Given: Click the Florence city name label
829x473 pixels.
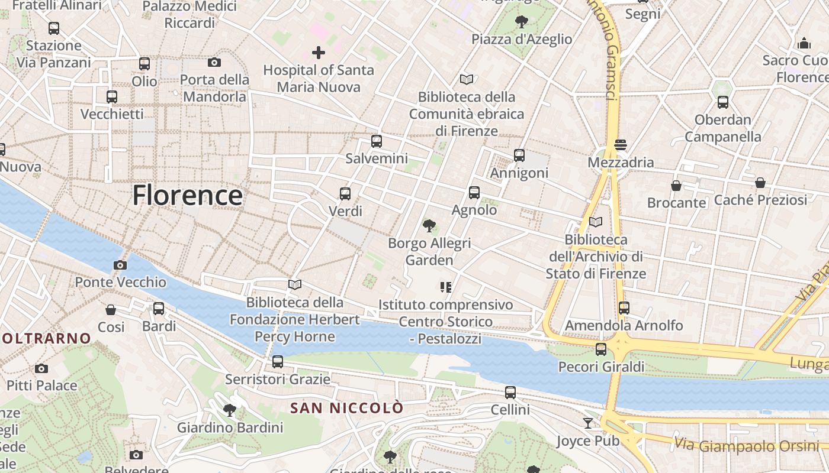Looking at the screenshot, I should click(x=187, y=195).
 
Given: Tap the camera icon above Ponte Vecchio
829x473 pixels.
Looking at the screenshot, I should click(x=120, y=265).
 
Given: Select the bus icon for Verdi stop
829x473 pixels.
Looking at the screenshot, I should click(x=345, y=193).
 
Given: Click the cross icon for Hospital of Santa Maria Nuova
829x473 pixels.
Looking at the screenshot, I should click(x=319, y=53).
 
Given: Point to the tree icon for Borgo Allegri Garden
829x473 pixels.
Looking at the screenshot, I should click(x=429, y=225).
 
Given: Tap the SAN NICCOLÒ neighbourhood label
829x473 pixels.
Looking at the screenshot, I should click(x=347, y=408).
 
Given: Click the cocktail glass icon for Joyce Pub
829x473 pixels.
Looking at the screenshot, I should click(x=587, y=423).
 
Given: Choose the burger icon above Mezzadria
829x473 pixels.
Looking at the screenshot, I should click(x=621, y=145).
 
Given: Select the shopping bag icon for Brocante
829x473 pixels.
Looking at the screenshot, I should click(x=676, y=186).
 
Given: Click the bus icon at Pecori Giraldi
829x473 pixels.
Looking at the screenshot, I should click(x=601, y=349).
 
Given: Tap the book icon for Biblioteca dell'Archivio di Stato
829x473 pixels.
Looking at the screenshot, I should click(x=596, y=222).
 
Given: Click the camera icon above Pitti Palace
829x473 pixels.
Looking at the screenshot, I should click(x=41, y=368).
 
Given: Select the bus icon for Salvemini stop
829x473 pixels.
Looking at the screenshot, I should click(x=377, y=141).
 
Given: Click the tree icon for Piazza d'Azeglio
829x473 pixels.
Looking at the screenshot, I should click(x=522, y=22).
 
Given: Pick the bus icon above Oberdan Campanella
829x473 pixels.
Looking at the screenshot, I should click(x=723, y=102).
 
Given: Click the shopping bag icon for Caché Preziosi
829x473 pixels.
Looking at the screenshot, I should click(x=760, y=183).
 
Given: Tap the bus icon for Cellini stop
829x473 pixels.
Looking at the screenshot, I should click(x=510, y=393).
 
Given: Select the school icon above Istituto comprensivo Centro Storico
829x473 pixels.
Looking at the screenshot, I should click(x=446, y=287).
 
